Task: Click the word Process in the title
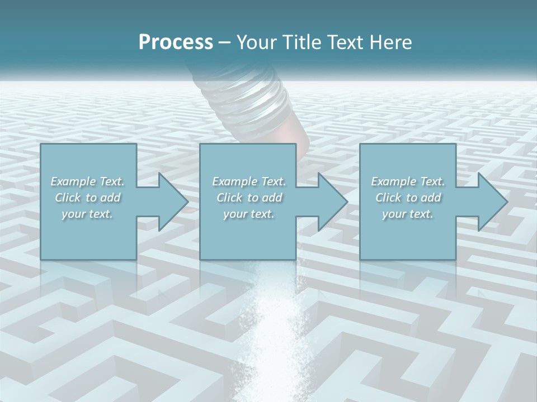tap(176, 42)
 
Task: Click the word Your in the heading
tap(255, 42)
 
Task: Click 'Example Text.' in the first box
tap(87, 181)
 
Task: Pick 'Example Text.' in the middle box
tap(249, 181)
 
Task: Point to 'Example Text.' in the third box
tap(408, 181)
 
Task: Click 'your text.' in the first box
tap(87, 214)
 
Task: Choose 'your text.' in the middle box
tap(249, 214)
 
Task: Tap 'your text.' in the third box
tap(408, 214)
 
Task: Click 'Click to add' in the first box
tap(87, 198)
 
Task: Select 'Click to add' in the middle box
tap(249, 198)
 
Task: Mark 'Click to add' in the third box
tap(408, 198)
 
